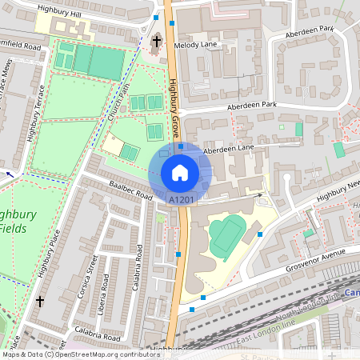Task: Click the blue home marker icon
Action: (180, 173)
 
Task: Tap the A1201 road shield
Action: (180, 198)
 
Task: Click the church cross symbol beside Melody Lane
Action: (157, 41)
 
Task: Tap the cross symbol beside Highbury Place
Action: (40, 301)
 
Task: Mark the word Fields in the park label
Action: (15, 228)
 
